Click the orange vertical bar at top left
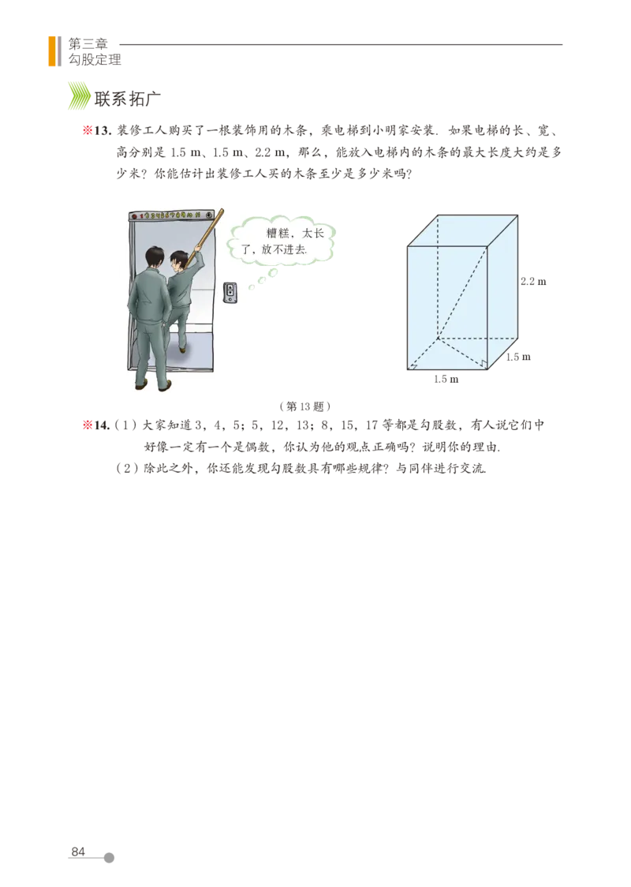52,51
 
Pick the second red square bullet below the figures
88,426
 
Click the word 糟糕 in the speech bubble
278,234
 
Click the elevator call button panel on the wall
230,292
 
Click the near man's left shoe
142,384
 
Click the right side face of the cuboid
503,288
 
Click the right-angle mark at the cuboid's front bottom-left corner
410,365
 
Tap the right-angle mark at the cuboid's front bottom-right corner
484,365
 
